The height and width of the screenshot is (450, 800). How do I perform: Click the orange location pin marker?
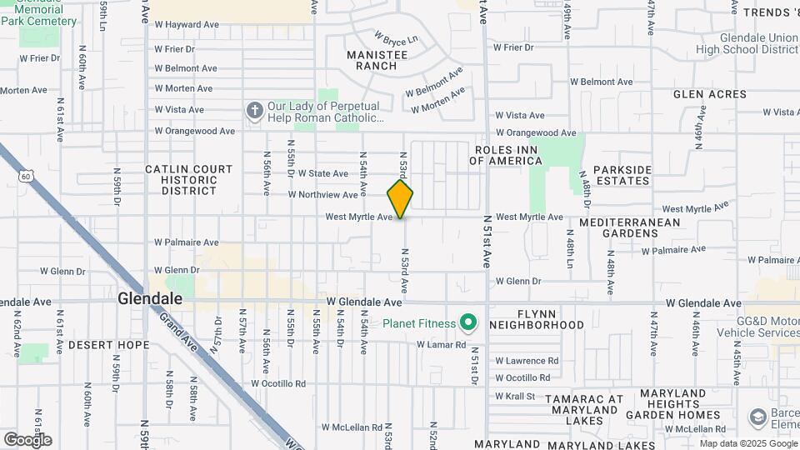(400, 198)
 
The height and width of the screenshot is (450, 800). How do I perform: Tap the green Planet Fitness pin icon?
(468, 322)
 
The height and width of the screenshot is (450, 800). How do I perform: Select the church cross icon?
(254, 110)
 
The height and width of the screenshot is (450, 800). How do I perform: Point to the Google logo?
(27, 439)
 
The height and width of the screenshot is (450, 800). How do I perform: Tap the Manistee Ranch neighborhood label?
(377, 60)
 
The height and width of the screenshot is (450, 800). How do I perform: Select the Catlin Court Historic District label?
(189, 179)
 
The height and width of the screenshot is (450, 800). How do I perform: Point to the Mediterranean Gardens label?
(630, 227)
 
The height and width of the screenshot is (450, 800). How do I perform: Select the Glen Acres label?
(710, 94)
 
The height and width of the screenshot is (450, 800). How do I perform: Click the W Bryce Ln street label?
(396, 38)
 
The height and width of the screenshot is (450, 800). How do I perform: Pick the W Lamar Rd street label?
(441, 344)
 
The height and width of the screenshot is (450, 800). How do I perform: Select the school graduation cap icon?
(757, 416)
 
